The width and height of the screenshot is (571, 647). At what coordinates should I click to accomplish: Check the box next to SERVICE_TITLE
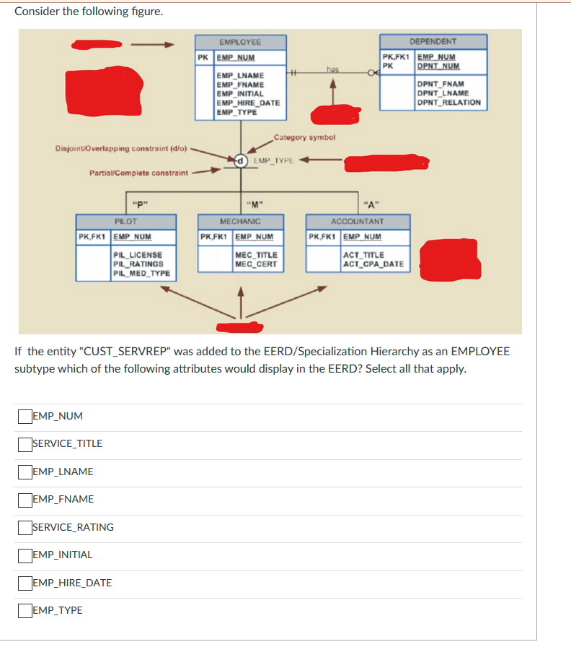click(25, 444)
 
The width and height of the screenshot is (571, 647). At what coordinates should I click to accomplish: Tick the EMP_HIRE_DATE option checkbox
click(25, 583)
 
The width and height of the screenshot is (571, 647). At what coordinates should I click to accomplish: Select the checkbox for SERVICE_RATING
click(25, 528)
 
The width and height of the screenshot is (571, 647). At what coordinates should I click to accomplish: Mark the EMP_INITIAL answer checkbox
click(25, 555)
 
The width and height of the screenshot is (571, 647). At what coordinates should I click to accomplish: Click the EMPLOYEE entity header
click(240, 42)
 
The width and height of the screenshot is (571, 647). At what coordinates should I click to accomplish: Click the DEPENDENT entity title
click(433, 41)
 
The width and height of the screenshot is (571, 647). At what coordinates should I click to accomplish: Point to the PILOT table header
click(125, 221)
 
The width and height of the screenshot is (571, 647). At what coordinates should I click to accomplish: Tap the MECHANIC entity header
click(240, 221)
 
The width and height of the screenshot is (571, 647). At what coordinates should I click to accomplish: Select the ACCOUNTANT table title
click(358, 221)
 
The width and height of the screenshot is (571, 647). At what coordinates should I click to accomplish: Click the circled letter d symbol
click(241, 160)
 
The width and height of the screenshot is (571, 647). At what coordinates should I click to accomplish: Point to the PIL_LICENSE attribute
click(138, 255)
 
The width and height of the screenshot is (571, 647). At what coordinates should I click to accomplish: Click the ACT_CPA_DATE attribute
click(373, 264)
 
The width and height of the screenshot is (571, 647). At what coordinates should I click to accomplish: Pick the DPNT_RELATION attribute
click(449, 103)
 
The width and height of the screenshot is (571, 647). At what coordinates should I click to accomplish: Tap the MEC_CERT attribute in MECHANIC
click(256, 264)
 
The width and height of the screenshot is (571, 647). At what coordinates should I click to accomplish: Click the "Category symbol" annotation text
click(304, 137)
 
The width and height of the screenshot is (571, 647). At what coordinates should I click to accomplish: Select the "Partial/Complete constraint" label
click(139, 173)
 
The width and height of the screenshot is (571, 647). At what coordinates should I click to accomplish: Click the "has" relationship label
click(332, 69)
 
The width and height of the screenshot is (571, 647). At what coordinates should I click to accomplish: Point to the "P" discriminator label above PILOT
click(140, 204)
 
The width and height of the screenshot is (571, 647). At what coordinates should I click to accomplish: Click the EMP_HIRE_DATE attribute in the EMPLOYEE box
click(249, 103)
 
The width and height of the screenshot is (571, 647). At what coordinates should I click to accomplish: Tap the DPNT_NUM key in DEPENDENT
click(438, 66)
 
